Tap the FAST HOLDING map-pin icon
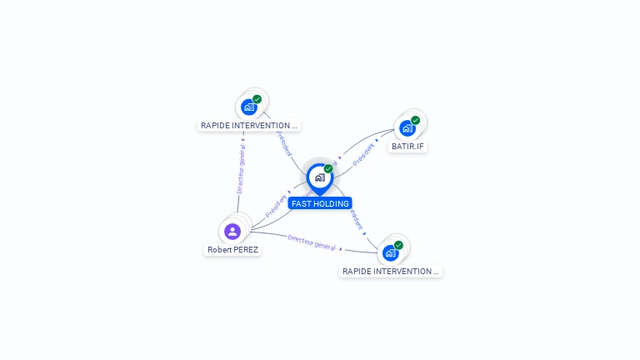tap(319, 177)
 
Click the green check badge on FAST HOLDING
tap(328, 169)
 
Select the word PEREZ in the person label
tap(246, 249)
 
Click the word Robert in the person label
tap(220, 249)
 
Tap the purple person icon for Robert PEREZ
tap(232, 231)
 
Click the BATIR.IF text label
tap(407, 146)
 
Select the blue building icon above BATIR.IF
tap(407, 128)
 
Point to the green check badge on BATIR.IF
tap(415, 121)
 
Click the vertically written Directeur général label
tap(240, 168)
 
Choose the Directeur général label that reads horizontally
tap(311, 242)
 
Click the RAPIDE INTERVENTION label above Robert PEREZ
tap(248, 126)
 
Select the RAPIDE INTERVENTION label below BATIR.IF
tap(390, 271)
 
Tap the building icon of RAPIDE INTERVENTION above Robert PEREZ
tap(248, 107)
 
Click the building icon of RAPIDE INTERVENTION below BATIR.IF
tap(390, 252)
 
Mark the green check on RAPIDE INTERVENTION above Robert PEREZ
tap(257, 99)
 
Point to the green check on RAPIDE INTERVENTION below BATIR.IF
tap(398, 245)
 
